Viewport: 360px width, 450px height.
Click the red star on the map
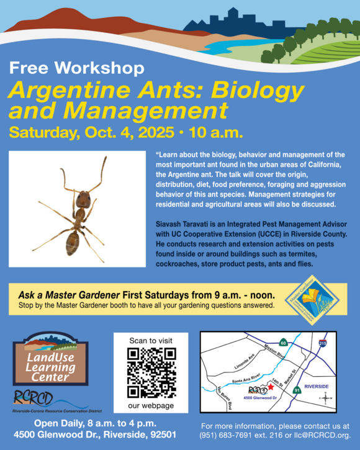[271, 386]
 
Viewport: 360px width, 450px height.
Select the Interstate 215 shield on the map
[323, 343]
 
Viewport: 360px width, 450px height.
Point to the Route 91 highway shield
[297, 390]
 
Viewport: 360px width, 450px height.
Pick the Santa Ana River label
[245, 378]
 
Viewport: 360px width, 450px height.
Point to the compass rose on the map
[322, 398]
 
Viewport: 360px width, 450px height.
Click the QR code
[151, 372]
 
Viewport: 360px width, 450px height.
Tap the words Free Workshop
[77, 68]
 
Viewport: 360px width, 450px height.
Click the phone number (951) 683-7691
[229, 435]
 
